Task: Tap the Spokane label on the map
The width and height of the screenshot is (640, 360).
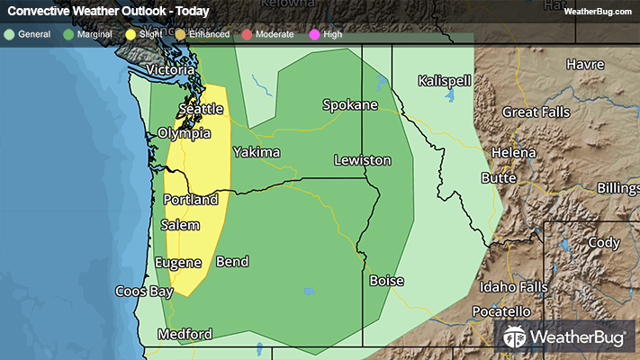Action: point(350,105)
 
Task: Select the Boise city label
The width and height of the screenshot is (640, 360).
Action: point(386,281)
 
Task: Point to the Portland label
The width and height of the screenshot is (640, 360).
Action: point(191,199)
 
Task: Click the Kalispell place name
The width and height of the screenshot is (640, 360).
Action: point(445,81)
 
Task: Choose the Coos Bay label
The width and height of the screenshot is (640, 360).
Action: point(144,292)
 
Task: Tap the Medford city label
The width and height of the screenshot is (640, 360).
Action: point(185,334)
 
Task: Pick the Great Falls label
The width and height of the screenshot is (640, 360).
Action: point(538,112)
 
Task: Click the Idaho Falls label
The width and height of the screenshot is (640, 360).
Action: point(513,287)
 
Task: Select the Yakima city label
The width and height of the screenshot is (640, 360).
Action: point(257,152)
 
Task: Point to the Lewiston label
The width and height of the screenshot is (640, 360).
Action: point(363,160)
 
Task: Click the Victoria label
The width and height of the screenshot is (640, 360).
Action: point(170,69)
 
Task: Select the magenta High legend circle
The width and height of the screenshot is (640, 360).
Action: point(313,34)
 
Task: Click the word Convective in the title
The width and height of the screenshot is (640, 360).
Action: point(40,12)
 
